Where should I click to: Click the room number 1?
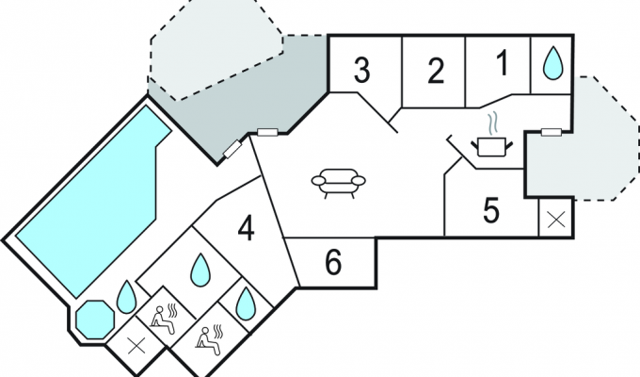coord(504,62)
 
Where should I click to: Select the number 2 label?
coord(436,72)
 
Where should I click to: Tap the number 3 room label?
coord(361,71)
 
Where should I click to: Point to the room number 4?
coord(247,229)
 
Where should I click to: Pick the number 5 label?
coord(491,211)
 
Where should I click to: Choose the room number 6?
coord(333,263)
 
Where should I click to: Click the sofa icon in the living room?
coord(339,183)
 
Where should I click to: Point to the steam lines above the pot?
coord(492,123)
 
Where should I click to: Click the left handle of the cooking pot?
coord(474,144)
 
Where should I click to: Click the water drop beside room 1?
coord(552,62)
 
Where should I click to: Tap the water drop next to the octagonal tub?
coord(126,297)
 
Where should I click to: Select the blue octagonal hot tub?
coord(95,320)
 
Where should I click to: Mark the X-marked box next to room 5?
coord(555,220)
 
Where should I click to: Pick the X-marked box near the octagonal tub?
coord(136,347)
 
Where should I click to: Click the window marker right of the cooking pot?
coord(551,132)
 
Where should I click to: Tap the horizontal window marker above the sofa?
coord(267,132)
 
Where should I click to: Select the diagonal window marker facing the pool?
coord(232,148)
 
